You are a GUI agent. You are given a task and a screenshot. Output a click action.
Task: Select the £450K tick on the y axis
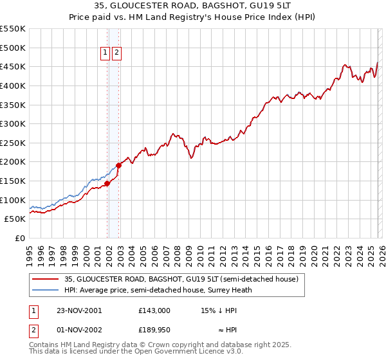13,66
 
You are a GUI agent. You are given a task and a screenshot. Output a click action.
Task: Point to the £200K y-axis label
13,161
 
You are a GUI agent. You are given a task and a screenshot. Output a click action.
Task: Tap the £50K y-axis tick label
15,219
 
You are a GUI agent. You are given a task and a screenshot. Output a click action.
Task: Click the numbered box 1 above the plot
105,54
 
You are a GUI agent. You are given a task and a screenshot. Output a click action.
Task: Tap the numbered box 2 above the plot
116,54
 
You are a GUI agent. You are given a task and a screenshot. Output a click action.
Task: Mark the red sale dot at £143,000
107,183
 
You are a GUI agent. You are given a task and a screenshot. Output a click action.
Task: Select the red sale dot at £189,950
118,165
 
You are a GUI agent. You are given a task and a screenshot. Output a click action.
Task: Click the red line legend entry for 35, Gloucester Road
181,280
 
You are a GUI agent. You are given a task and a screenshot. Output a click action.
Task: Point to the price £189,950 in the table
154,331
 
